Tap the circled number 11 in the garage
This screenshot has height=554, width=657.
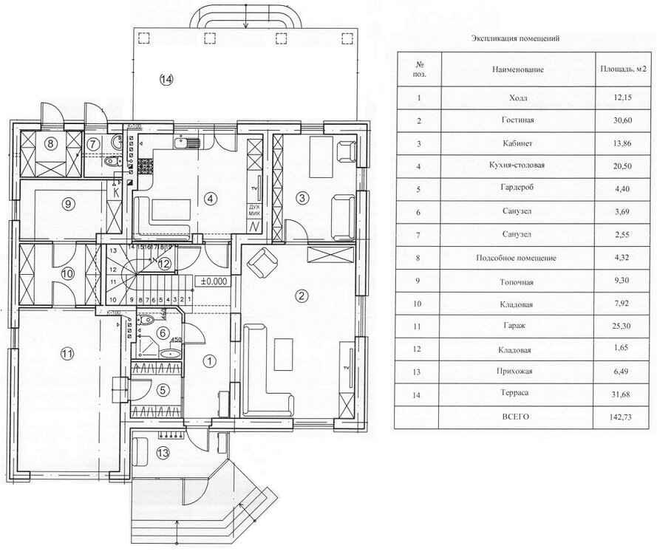[x=67, y=354]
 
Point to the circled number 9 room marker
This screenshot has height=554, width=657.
[x=67, y=205]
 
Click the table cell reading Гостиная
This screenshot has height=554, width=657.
[x=517, y=120]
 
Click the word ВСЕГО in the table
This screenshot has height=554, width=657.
[x=517, y=417]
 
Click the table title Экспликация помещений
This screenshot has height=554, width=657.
[x=515, y=37]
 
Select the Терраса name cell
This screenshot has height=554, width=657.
[x=517, y=394]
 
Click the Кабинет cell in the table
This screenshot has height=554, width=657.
[x=517, y=143]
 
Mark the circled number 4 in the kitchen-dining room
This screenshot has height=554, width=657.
[x=211, y=197]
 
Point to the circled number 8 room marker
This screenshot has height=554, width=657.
[x=51, y=143]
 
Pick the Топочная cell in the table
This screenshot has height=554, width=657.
[x=517, y=281]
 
